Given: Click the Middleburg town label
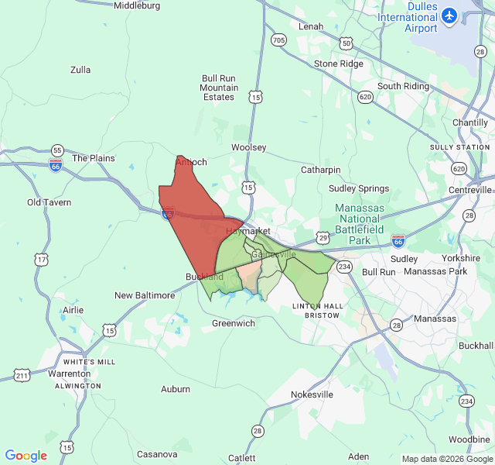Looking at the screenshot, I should click(x=137, y=5).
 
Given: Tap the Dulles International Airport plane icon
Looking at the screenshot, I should click(x=449, y=15).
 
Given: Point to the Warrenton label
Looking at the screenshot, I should click(x=70, y=374).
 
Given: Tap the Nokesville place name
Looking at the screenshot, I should click(x=312, y=394).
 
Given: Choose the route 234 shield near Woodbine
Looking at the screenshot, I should click(x=466, y=401).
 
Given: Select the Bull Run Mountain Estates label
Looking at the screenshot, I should click(x=219, y=88).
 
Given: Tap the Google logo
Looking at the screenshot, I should click(x=26, y=456).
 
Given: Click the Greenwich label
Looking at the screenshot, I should click(x=234, y=323).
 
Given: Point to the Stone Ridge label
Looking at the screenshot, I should click(x=338, y=64).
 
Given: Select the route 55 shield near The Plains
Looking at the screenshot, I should click(x=57, y=150).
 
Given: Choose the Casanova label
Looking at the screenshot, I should click(x=157, y=454).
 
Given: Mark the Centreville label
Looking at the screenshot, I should click(x=471, y=190).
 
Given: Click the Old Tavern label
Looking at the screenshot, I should click(x=49, y=203).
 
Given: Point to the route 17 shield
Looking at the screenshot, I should click(x=41, y=260).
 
